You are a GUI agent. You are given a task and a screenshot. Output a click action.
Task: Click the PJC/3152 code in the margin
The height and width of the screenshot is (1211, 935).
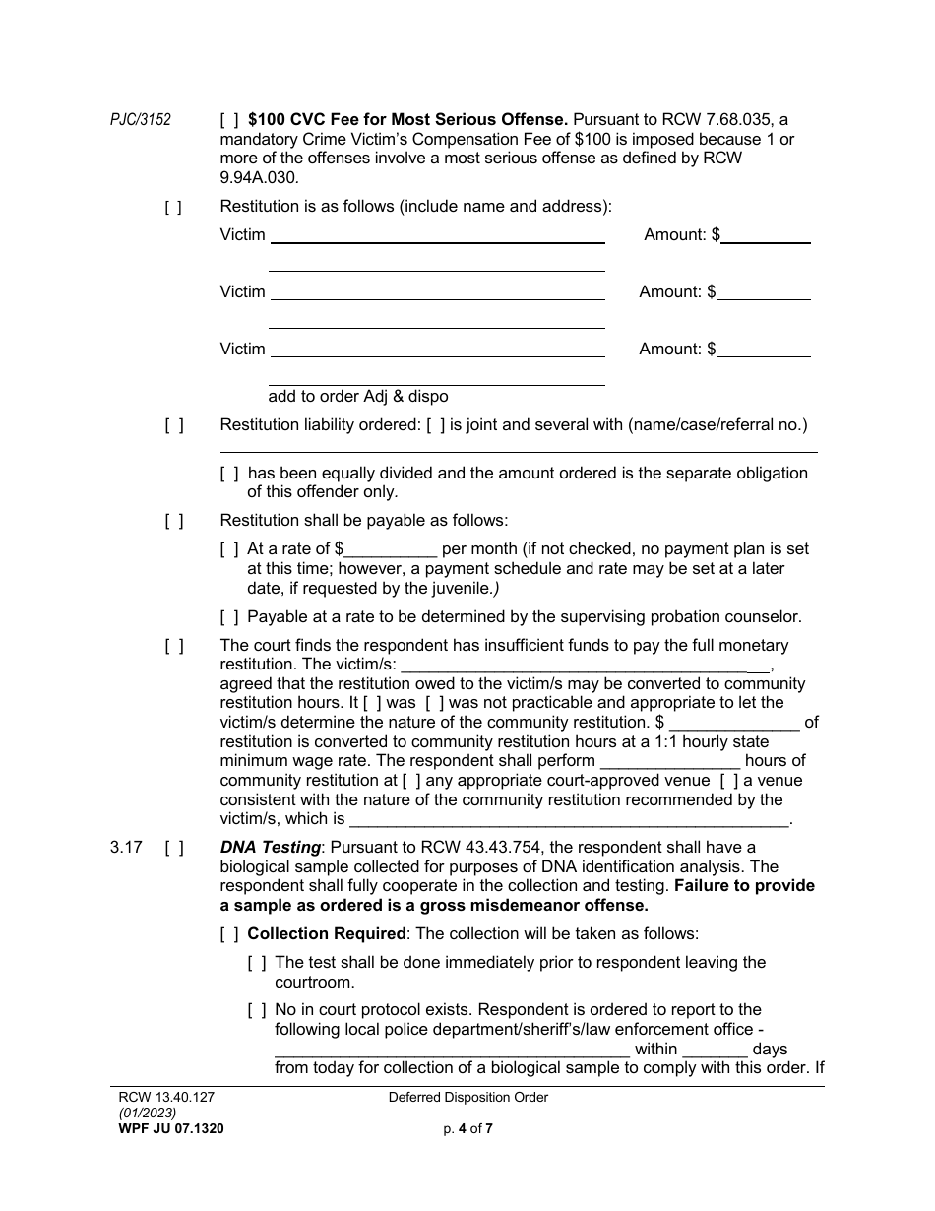pyautogui.click(x=140, y=120)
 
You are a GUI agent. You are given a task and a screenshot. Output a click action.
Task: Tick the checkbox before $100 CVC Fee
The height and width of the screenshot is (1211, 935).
pyautogui.click(x=228, y=120)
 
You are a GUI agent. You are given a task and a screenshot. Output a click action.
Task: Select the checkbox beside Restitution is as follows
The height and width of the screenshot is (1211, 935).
pyautogui.click(x=173, y=207)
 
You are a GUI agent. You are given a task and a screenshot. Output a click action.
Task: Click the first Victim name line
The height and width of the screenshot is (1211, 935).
pyautogui.click(x=437, y=235)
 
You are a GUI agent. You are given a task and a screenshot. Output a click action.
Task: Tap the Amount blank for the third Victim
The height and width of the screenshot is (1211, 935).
pyautogui.click(x=764, y=350)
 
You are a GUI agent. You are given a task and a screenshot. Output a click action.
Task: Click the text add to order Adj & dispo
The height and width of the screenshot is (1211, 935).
pyautogui.click(x=358, y=397)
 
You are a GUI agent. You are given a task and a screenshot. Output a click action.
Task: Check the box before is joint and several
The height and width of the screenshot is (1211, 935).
pyautogui.click(x=436, y=425)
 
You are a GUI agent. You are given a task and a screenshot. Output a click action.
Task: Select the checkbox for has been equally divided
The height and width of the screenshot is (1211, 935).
pyautogui.click(x=228, y=473)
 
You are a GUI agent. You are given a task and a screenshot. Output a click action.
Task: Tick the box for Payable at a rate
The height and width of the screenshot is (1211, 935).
pyautogui.click(x=228, y=617)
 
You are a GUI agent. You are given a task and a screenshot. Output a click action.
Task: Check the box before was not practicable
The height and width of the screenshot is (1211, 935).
pyautogui.click(x=435, y=703)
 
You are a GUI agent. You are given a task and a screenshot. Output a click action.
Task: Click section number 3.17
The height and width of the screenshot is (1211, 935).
pyautogui.click(x=124, y=847)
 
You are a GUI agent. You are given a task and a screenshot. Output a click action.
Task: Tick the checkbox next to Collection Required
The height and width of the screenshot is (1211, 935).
pyautogui.click(x=228, y=933)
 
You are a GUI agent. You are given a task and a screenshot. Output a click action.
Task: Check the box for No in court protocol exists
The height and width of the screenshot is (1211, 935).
pyautogui.click(x=256, y=1010)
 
